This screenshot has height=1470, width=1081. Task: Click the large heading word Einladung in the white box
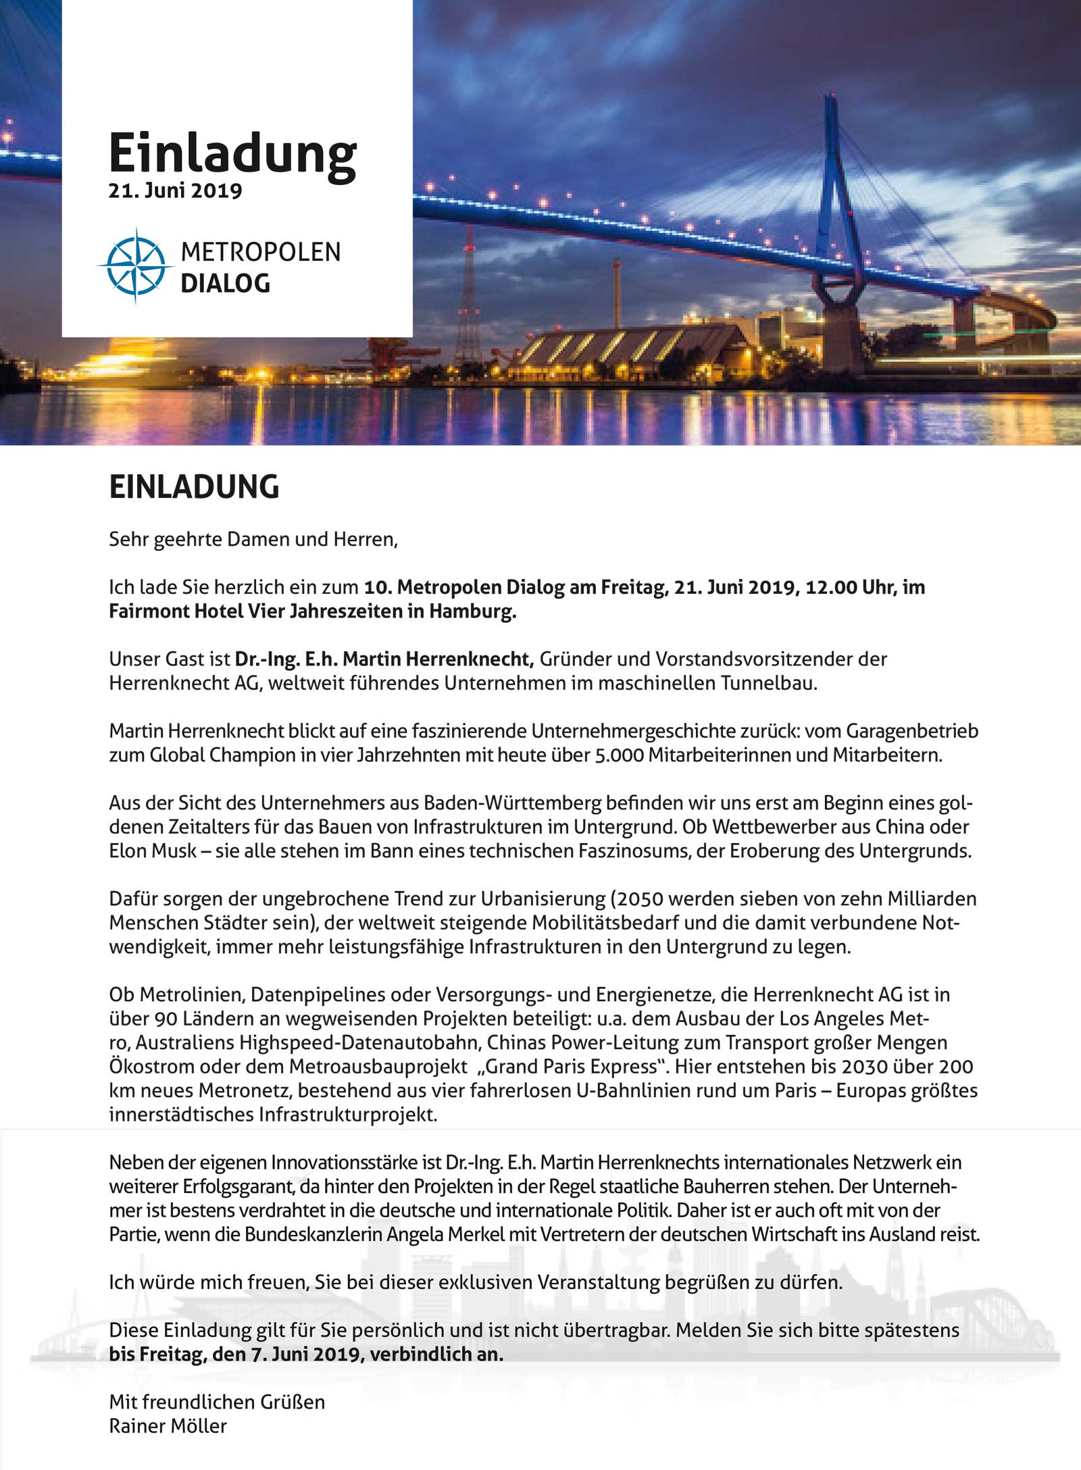(232, 154)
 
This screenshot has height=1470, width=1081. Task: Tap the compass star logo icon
(136, 265)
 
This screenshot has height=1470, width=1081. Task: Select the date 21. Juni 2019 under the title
(175, 191)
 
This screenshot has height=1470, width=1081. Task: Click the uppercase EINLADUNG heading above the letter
(194, 487)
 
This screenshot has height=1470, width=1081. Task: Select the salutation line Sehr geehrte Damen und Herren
(253, 540)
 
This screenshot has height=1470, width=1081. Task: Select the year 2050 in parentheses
(639, 899)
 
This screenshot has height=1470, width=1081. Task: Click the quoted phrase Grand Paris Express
(571, 1067)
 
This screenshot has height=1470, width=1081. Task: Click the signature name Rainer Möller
(168, 1426)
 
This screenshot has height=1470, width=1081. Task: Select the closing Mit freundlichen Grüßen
(217, 1402)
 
